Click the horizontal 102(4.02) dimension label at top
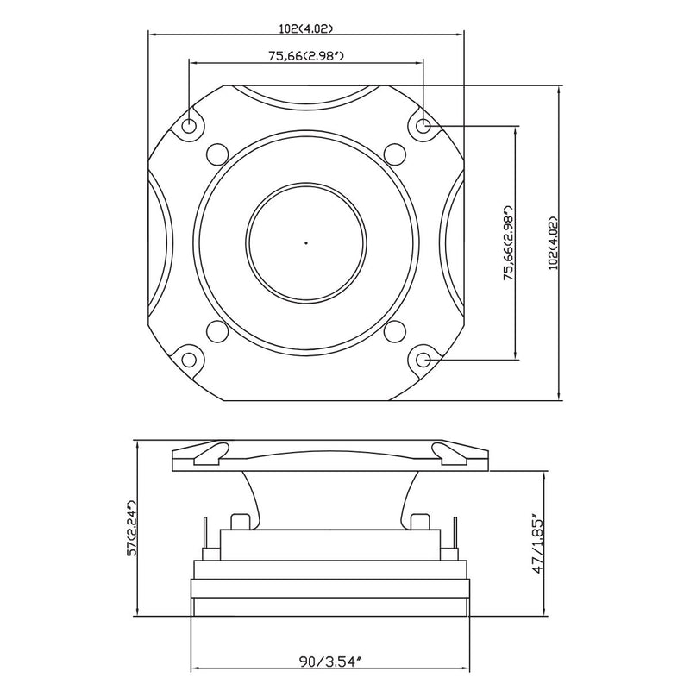pos(306,28)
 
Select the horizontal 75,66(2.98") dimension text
pos(306,56)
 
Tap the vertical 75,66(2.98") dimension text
pos(509,243)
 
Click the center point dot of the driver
pos(306,243)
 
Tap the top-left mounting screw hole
pos(189,126)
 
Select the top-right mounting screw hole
pos(423,126)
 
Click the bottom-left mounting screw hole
pos(189,360)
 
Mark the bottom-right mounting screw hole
pos(423,360)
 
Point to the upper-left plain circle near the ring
pos(217,154)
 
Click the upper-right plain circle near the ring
pos(395,154)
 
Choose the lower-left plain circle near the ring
pos(217,331)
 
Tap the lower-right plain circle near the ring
pos(395,331)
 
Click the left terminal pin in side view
pos(205,533)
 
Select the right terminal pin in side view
pos(455,533)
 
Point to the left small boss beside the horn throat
pos(240,522)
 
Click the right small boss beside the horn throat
pos(420,522)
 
